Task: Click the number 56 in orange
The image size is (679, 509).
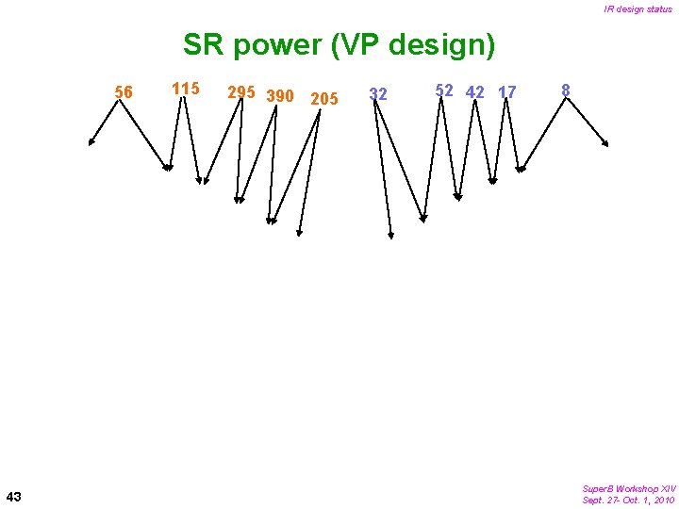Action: pos(123,92)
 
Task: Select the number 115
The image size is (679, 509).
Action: pos(186,89)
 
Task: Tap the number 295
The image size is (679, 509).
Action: pos(242,92)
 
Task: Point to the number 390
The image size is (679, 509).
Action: pos(281,96)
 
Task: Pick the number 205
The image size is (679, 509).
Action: pos(323,99)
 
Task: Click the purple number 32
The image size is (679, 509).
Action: pos(378,94)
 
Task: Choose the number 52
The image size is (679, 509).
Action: pos(444,90)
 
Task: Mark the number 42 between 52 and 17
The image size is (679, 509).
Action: pos(476,92)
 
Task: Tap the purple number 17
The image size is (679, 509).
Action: pos(507,92)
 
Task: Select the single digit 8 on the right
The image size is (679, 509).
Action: pos(565,90)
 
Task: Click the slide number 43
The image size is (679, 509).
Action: pos(14,496)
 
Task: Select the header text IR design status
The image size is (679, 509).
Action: pos(638,9)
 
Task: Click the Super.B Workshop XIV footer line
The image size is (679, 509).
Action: pos(628,488)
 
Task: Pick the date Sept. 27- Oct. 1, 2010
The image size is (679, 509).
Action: pos(628,500)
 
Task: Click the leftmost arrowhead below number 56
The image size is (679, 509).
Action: pos(91,143)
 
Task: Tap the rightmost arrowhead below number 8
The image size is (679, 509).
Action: pos(605,144)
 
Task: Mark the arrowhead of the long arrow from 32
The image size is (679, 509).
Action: pos(391,234)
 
